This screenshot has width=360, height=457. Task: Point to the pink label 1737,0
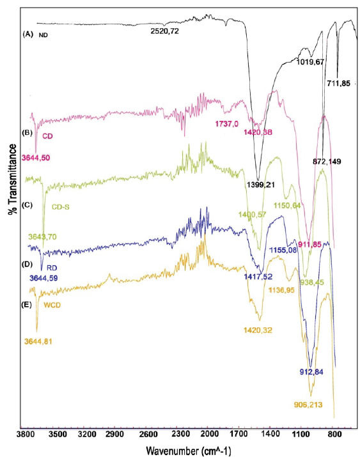225,123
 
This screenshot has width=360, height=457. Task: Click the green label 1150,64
292,205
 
